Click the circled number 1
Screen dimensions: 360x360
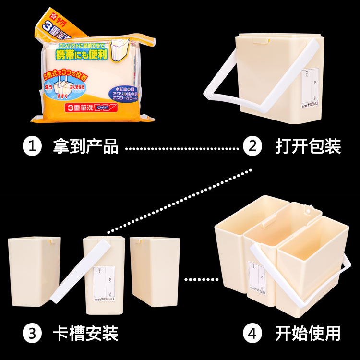33,146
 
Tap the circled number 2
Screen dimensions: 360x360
252,146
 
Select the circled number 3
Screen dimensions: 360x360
33,332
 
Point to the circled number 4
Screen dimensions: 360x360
252,332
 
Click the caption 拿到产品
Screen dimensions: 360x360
85,146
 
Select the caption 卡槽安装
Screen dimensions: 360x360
85,332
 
